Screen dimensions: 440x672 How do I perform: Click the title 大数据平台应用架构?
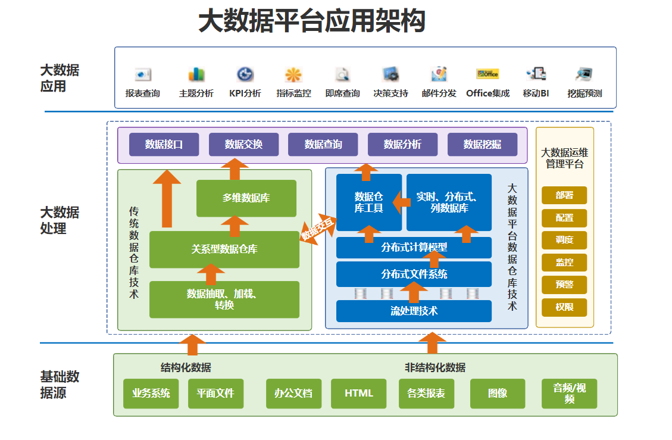point(311,21)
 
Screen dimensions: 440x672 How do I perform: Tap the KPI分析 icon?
point(245,74)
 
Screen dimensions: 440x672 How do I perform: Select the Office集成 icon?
point(487,74)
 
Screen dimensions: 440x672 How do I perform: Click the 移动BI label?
point(536,93)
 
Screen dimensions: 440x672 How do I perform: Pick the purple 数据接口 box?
point(164,145)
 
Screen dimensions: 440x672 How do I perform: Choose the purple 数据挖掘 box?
point(482,145)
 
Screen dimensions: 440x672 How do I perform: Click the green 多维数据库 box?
point(246,198)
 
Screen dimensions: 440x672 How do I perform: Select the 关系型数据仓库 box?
point(224,249)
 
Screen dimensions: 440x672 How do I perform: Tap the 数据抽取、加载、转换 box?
point(224,299)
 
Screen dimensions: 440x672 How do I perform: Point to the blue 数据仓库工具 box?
point(368,202)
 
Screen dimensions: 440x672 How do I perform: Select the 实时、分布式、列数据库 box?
point(449,202)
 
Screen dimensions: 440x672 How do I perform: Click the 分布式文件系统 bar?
point(414,274)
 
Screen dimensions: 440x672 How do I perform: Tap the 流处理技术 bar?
point(414,311)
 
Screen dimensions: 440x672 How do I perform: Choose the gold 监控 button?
point(564,262)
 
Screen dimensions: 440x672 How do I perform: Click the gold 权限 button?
point(564,307)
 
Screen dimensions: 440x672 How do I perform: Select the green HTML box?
point(359,394)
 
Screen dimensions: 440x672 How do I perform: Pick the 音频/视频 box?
point(569,394)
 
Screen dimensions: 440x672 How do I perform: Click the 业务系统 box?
point(151,394)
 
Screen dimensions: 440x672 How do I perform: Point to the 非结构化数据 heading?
point(435,367)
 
